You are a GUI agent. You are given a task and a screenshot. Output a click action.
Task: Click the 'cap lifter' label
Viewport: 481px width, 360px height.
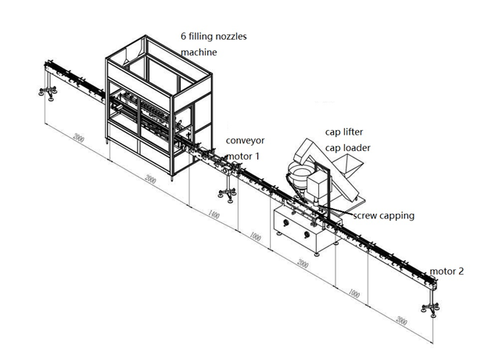coord(343,132)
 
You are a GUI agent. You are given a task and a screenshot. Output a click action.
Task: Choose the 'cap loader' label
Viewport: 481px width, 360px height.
coord(347,147)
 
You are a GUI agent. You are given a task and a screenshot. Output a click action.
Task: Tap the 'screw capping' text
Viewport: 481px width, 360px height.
coord(384,215)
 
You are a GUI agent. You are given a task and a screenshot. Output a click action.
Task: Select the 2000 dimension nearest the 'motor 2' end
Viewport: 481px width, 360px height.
coord(401,319)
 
